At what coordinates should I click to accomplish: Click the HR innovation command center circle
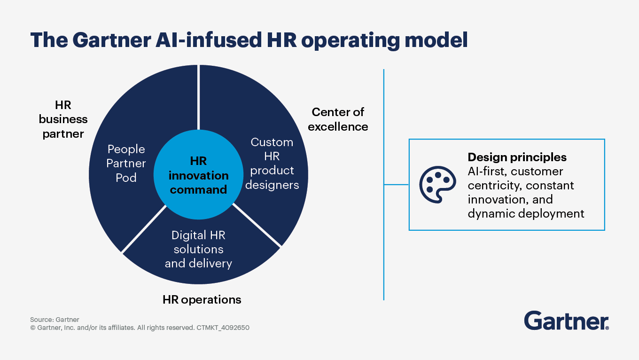pos(198,175)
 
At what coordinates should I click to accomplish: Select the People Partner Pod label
pos(126,163)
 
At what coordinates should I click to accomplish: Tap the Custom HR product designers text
pos(272,163)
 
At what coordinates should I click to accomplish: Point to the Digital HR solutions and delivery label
pos(198,249)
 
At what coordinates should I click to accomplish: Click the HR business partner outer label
pos(63,119)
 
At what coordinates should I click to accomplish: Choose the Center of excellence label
pos(338,119)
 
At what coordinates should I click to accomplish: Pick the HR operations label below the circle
pos(202,299)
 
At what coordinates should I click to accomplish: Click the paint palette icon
pos(437,185)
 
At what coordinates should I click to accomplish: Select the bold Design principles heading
pos(517,157)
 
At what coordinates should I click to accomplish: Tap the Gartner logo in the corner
pos(566,321)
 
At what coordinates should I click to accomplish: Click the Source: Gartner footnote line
pos(55,320)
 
